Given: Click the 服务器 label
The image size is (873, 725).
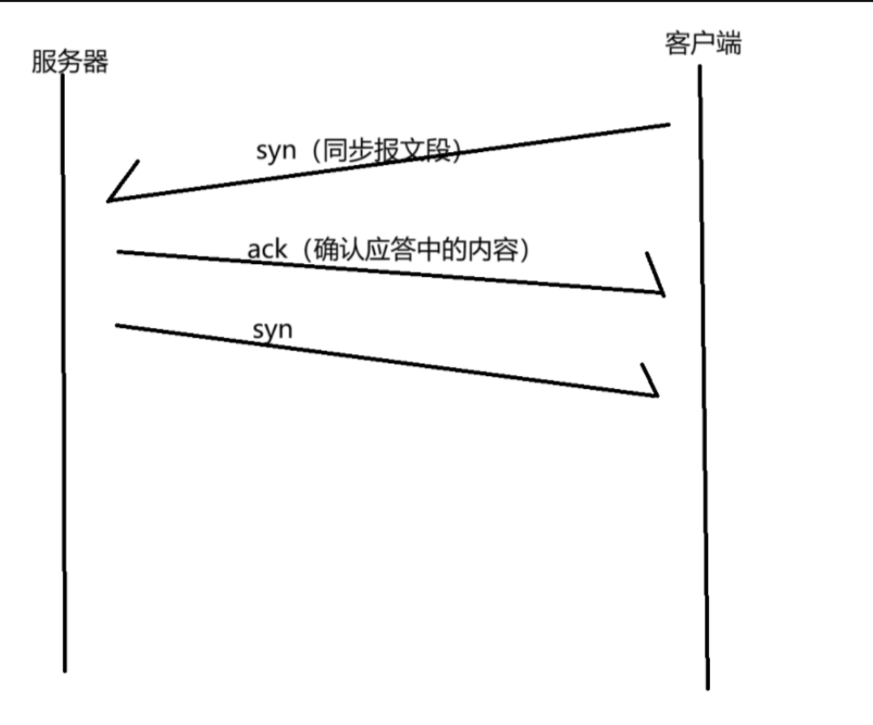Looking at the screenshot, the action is (x=69, y=62).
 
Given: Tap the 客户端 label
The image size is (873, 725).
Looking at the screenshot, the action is (x=704, y=44).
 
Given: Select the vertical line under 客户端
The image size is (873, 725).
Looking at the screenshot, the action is (x=703, y=410).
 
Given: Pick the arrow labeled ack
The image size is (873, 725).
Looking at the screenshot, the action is (x=392, y=272).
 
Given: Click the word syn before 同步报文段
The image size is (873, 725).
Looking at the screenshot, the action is (x=276, y=150).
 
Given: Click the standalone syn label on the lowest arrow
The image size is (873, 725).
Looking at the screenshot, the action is (x=272, y=330).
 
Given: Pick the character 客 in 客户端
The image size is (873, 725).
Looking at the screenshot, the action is (x=679, y=44).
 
